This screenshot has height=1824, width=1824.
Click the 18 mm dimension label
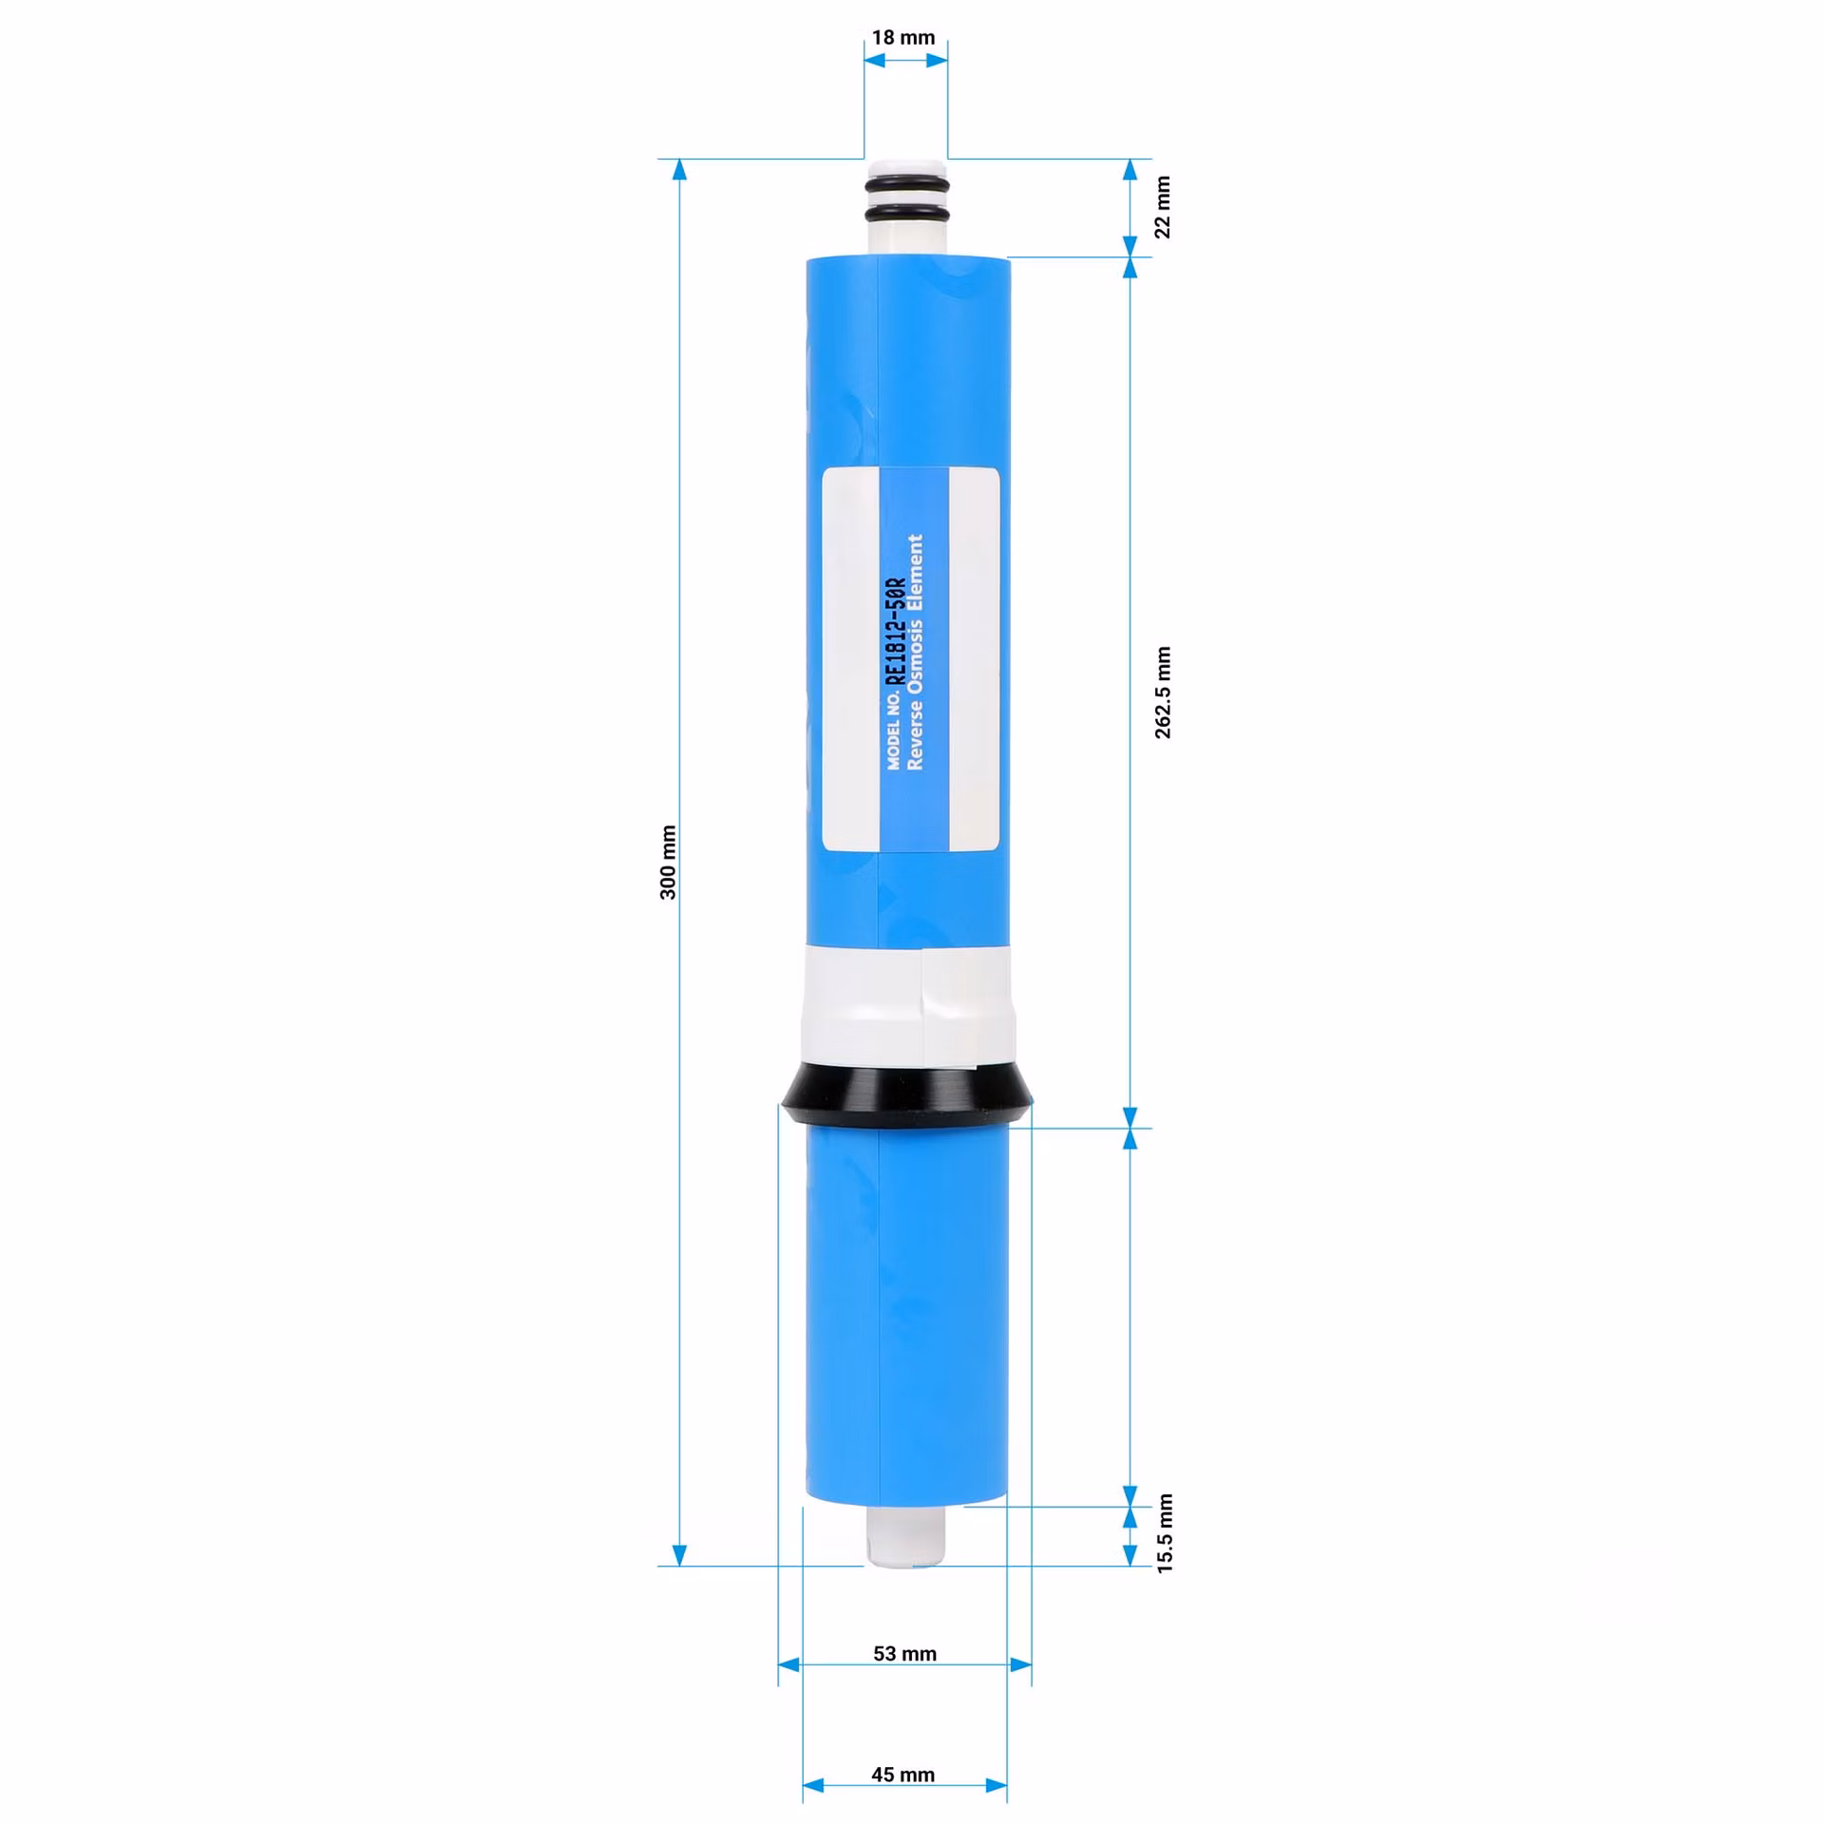click(903, 38)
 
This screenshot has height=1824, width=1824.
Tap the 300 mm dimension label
click(669, 862)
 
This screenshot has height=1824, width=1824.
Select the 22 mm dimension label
click(1163, 207)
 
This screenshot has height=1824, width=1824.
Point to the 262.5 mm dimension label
click(1163, 693)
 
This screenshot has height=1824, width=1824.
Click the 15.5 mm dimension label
click(1165, 1533)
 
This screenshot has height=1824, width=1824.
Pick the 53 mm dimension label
click(904, 1654)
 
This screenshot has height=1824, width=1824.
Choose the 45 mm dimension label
click(902, 1775)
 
